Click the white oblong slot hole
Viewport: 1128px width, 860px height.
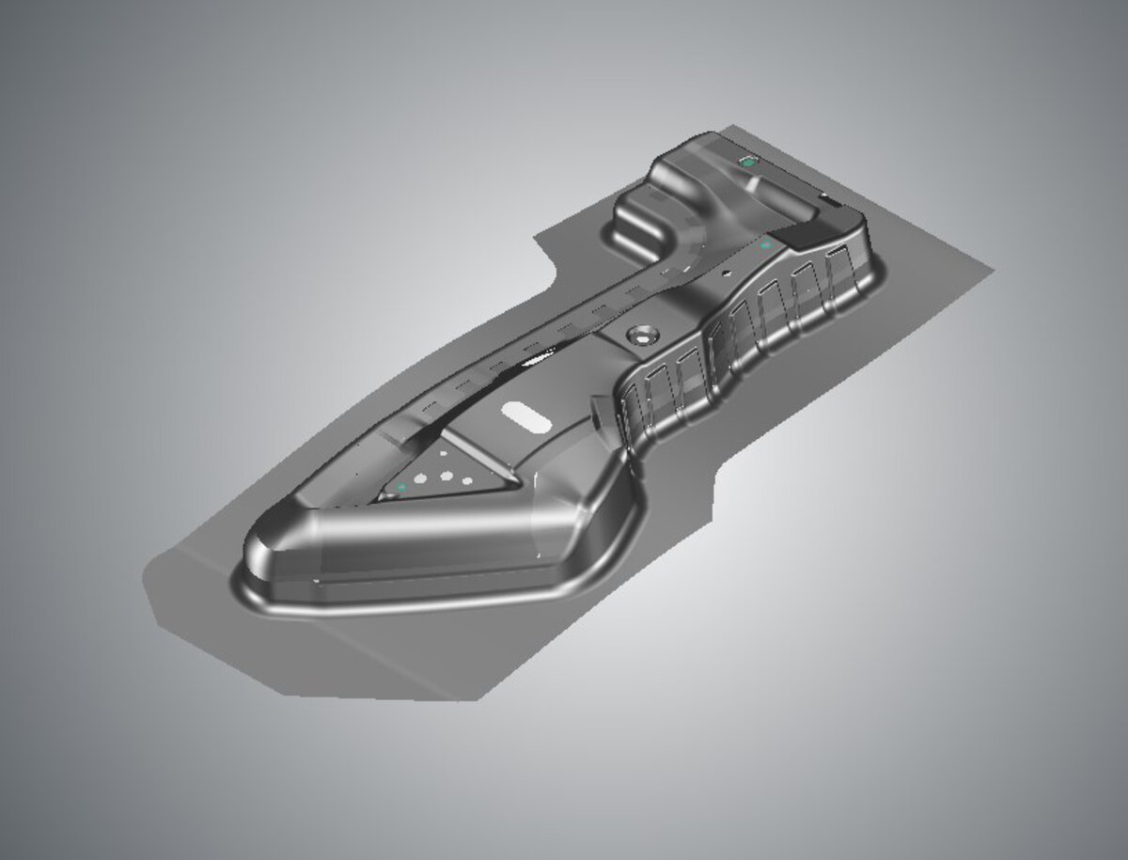click(x=528, y=414)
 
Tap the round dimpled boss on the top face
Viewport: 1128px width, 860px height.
click(x=643, y=334)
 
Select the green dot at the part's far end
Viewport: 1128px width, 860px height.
click(x=748, y=162)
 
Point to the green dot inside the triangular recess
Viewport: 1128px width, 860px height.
click(x=402, y=487)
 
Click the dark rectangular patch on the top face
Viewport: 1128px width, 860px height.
click(x=805, y=235)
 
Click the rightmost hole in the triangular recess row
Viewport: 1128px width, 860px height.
click(x=467, y=482)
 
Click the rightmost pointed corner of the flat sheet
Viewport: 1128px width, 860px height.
click(x=993, y=270)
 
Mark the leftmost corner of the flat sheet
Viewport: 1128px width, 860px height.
click(x=146, y=575)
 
